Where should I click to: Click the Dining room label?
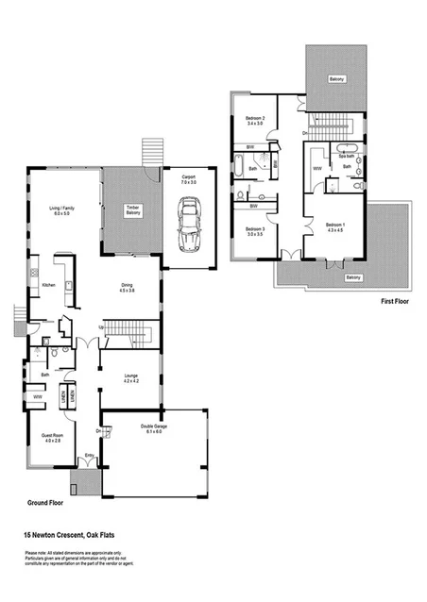coord(127,289)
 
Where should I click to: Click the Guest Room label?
coord(51,439)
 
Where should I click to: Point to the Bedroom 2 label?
coord(254,119)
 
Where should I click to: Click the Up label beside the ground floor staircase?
coord(102,327)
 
